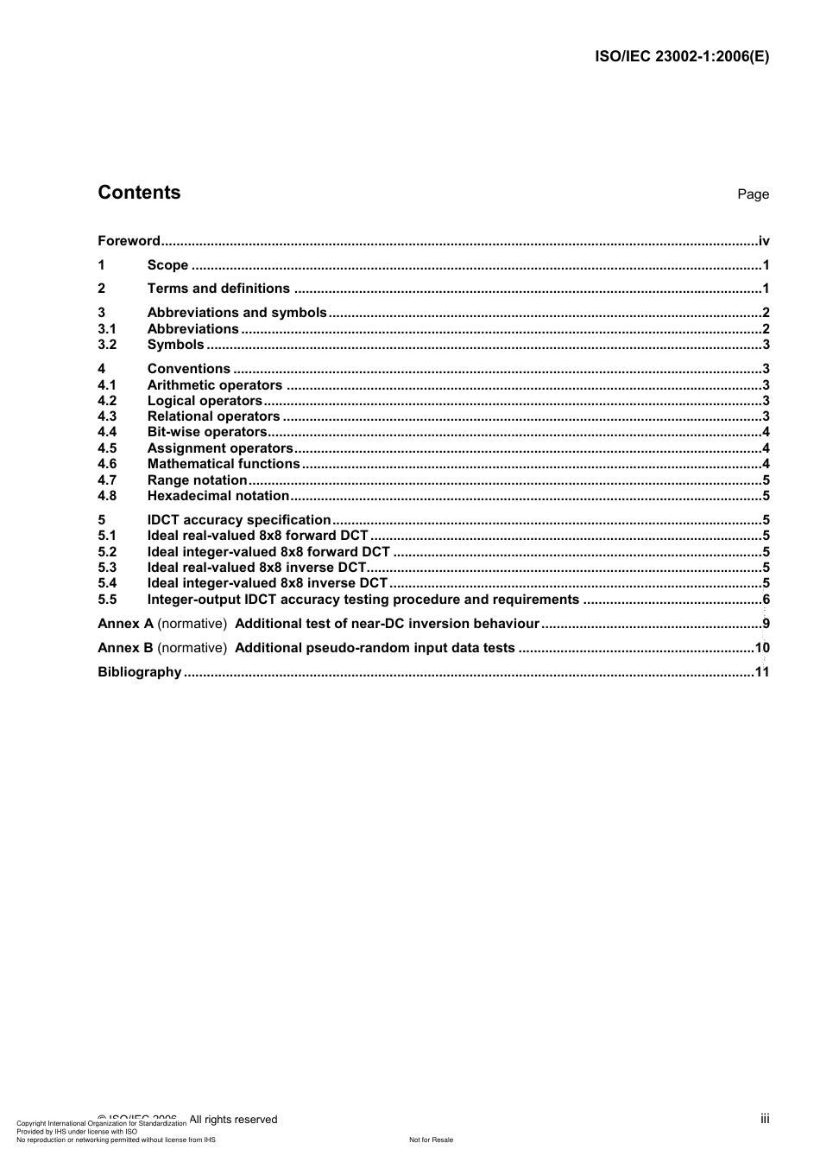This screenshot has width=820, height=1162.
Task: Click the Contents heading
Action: click(x=139, y=193)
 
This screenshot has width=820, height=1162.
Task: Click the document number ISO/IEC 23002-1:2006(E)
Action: click(x=682, y=57)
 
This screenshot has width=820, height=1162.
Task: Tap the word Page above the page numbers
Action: click(x=753, y=194)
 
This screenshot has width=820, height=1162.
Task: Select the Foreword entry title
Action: click(x=129, y=241)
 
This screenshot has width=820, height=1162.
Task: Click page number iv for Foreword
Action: click(x=764, y=241)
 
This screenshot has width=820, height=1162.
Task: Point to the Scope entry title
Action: click(x=167, y=265)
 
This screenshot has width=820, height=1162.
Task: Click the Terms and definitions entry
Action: click(x=218, y=289)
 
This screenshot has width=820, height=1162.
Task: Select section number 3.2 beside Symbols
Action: click(x=106, y=345)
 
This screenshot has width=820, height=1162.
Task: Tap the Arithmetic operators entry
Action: click(x=214, y=385)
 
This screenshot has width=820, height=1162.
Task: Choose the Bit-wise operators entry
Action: click(x=207, y=432)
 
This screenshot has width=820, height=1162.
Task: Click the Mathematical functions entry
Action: click(x=224, y=464)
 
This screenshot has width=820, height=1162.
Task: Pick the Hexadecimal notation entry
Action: click(x=218, y=496)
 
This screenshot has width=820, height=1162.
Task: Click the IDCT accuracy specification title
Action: click(x=239, y=520)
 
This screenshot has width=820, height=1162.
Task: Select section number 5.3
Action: click(x=107, y=568)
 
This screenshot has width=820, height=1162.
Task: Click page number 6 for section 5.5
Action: click(x=766, y=600)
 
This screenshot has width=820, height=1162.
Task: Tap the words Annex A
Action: click(x=125, y=624)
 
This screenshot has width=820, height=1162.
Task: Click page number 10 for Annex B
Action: click(x=762, y=648)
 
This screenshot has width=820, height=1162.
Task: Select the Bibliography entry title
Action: click(x=139, y=672)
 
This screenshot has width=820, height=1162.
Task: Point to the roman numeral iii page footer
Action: click(x=765, y=1119)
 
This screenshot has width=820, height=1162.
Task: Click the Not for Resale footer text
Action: click(x=431, y=1140)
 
